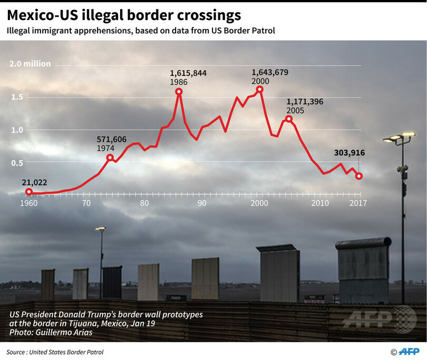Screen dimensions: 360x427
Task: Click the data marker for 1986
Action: [179, 92]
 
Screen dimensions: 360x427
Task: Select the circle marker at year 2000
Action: [259, 90]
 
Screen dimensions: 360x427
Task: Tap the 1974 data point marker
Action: [110, 158]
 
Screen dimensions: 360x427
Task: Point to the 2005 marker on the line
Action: [288, 119]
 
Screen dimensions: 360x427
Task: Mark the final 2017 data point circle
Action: [359, 176]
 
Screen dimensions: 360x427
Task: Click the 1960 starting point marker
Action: [28, 192]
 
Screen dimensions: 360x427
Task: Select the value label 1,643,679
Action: [269, 72]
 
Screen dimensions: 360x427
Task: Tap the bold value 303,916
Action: [350, 153]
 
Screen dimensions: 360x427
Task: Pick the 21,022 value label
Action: [34, 182]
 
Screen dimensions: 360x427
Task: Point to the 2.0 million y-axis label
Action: [30, 64]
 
